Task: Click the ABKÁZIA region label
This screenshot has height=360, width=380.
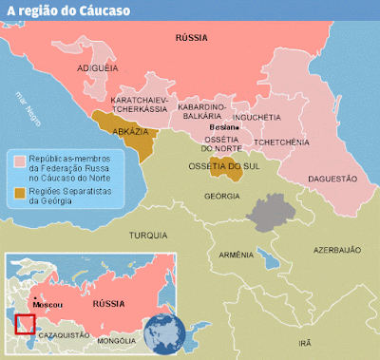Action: tap(129, 132)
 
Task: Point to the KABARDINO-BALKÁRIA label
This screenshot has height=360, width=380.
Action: tap(201, 115)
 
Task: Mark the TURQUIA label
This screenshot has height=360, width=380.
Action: tap(149, 234)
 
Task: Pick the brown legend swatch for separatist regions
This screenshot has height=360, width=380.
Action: tap(18, 193)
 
